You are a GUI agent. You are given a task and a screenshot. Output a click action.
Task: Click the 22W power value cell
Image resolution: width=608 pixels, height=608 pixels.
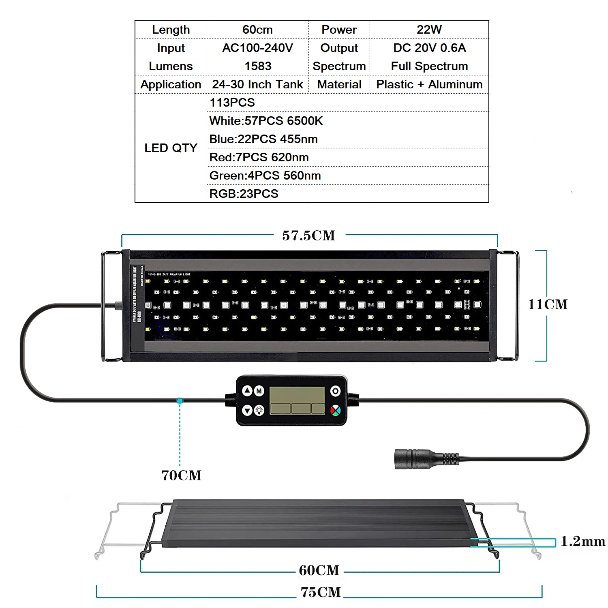[x=429, y=30]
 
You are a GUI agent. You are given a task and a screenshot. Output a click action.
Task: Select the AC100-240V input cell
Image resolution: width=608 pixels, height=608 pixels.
[x=257, y=48]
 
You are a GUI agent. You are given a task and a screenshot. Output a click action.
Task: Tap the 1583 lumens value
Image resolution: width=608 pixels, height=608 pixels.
[x=257, y=66]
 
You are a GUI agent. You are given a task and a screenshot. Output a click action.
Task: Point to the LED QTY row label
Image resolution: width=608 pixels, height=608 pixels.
[x=171, y=148]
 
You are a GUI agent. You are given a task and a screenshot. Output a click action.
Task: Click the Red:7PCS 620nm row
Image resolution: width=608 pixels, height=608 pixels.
[x=259, y=157]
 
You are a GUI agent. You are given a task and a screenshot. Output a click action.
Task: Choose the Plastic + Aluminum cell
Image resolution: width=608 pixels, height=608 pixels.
[x=429, y=84]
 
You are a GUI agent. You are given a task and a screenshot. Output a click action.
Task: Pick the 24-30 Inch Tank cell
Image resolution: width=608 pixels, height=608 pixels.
[x=257, y=84]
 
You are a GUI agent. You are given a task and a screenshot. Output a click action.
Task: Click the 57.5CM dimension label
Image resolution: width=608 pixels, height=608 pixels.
[x=309, y=235]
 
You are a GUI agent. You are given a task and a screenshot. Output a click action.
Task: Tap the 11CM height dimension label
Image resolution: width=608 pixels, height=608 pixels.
[x=548, y=304]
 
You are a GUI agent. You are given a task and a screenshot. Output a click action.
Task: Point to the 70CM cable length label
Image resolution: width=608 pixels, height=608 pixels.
[x=181, y=475]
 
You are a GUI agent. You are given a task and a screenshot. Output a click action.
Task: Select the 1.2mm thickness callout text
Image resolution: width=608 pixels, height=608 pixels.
[x=582, y=541]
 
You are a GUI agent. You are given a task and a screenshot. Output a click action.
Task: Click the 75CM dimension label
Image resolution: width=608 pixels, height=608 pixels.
[x=321, y=592]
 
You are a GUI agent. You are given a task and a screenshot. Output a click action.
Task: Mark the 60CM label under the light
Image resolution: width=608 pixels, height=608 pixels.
[x=319, y=570]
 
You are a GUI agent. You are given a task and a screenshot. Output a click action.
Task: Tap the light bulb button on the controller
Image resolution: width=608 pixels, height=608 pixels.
[x=259, y=411]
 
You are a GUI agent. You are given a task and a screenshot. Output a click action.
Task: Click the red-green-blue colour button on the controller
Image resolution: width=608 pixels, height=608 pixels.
[x=335, y=411]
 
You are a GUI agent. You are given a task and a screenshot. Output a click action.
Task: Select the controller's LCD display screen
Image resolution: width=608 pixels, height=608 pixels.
[x=297, y=400]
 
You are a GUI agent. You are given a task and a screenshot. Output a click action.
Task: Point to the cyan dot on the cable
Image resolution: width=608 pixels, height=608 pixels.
[x=180, y=401]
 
